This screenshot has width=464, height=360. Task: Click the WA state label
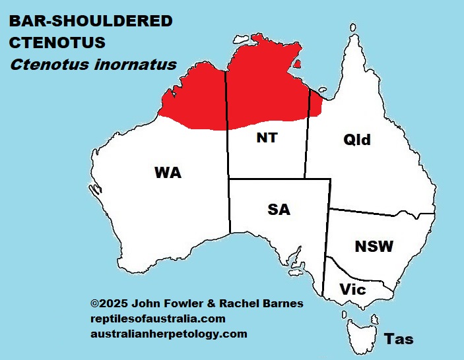click(168, 173)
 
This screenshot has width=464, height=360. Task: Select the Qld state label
click(357, 140)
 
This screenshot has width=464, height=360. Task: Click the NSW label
click(374, 247)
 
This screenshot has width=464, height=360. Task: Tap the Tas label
click(399, 339)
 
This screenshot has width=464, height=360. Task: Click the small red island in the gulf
click(298, 65)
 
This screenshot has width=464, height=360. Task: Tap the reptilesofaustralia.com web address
click(158, 318)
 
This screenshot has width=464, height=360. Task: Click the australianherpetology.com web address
click(168, 334)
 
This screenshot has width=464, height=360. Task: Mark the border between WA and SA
click(230, 204)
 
